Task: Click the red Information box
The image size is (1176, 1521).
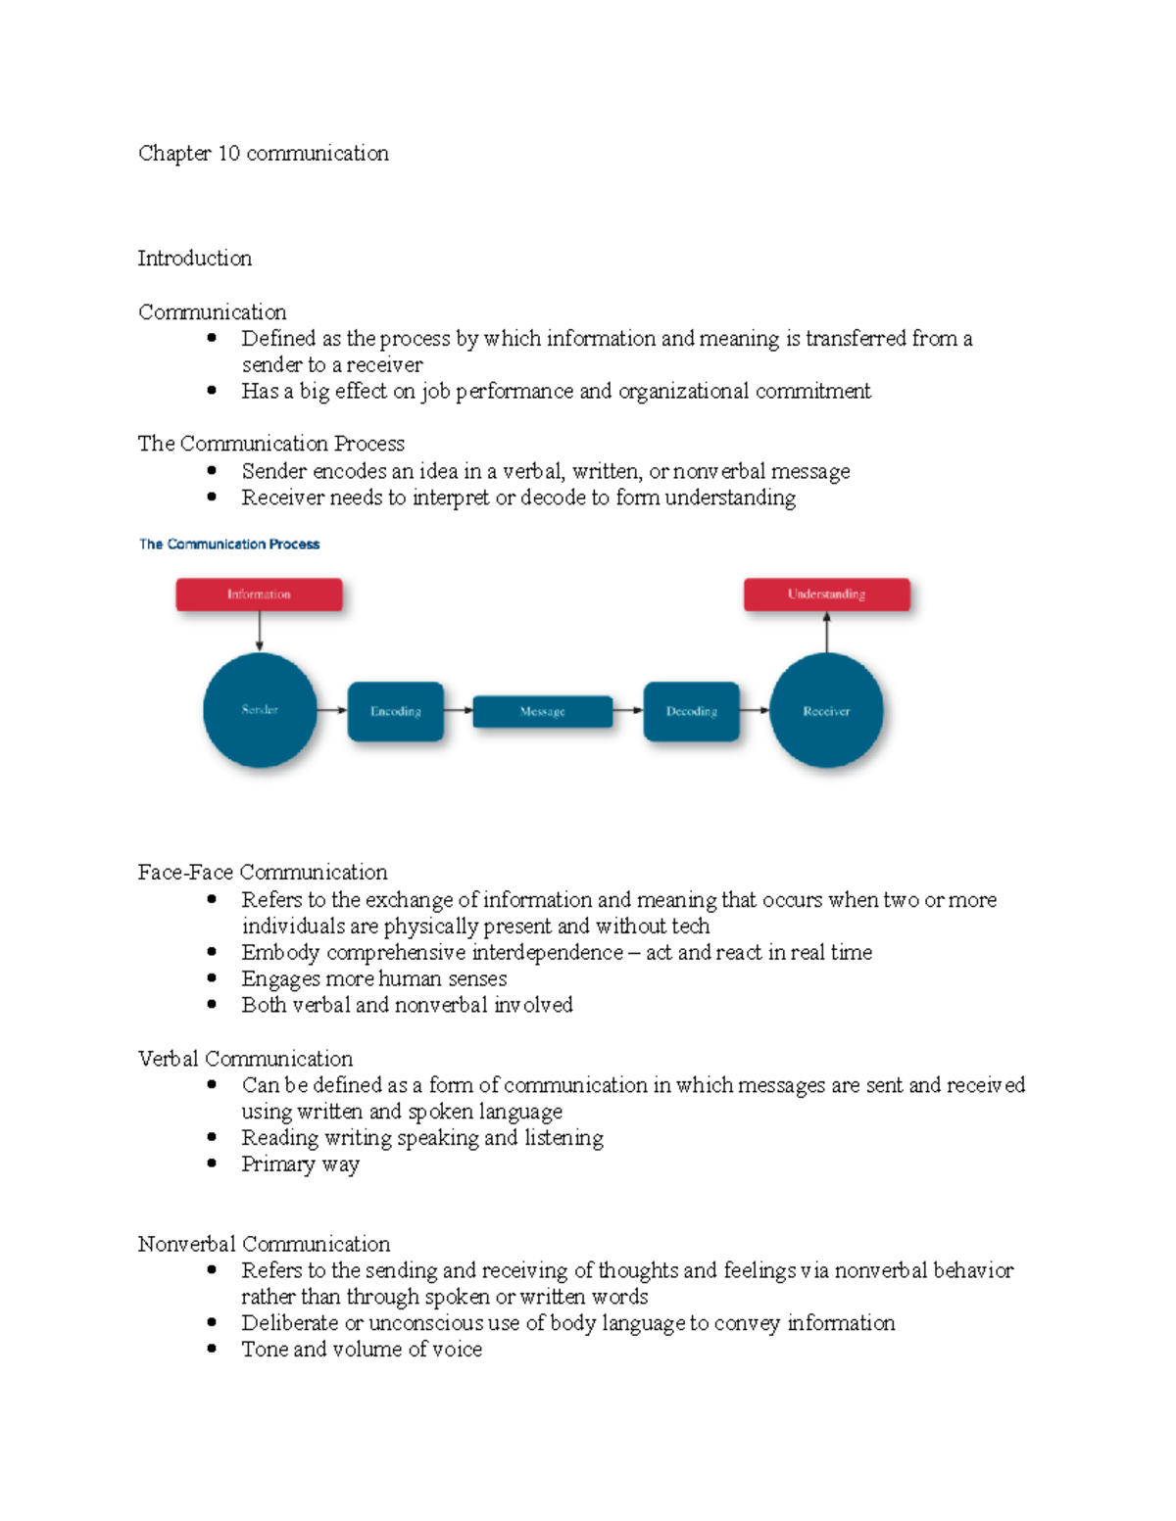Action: click(x=259, y=594)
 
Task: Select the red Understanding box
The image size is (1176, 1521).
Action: click(x=826, y=594)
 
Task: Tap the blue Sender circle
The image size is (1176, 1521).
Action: click(x=260, y=710)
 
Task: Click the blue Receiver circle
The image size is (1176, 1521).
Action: click(x=826, y=711)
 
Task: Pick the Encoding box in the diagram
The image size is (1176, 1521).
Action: click(x=396, y=711)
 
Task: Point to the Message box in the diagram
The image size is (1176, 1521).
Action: click(x=542, y=712)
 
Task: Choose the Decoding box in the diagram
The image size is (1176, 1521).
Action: click(x=691, y=711)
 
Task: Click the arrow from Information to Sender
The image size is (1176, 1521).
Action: click(x=260, y=631)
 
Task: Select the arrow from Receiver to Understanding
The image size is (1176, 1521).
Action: click(x=826, y=633)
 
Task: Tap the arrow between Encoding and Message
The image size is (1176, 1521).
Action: click(x=458, y=711)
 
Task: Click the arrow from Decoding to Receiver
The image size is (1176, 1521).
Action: click(x=754, y=711)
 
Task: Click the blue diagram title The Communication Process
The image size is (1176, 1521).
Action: click(x=229, y=545)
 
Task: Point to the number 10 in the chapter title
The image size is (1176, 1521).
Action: click(x=228, y=154)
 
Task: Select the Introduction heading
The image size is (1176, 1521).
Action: click(x=195, y=259)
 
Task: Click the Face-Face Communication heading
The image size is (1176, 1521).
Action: click(x=263, y=873)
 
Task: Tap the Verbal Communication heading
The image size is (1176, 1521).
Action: click(x=245, y=1059)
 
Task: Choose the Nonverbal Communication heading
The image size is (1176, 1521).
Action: click(x=264, y=1244)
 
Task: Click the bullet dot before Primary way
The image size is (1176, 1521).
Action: click(x=212, y=1164)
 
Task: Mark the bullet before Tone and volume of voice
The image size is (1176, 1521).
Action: click(x=212, y=1349)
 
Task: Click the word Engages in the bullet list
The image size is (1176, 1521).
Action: click(x=273, y=979)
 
